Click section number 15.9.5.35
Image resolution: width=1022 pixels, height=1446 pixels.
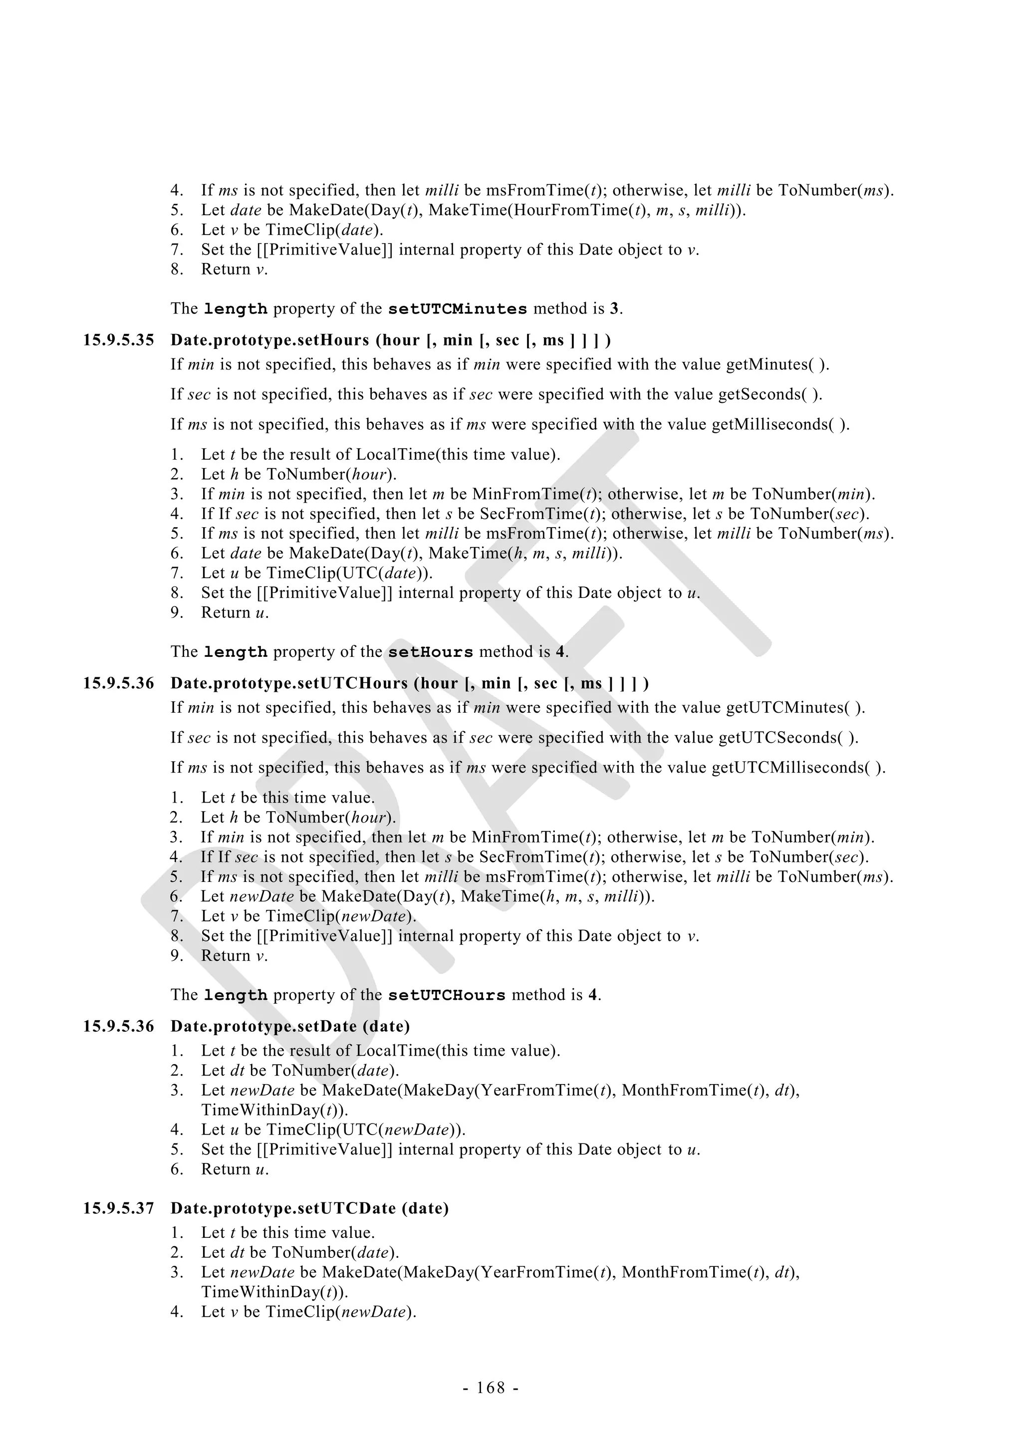coord(118,341)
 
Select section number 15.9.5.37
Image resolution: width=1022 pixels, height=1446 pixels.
coord(118,1208)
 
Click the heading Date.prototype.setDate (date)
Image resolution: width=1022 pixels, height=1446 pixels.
coord(290,1027)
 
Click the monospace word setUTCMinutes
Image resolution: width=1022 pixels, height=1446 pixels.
coord(457,309)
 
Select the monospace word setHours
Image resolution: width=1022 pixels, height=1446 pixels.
coord(430,652)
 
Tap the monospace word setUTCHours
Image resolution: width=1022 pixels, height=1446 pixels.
coord(447,996)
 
